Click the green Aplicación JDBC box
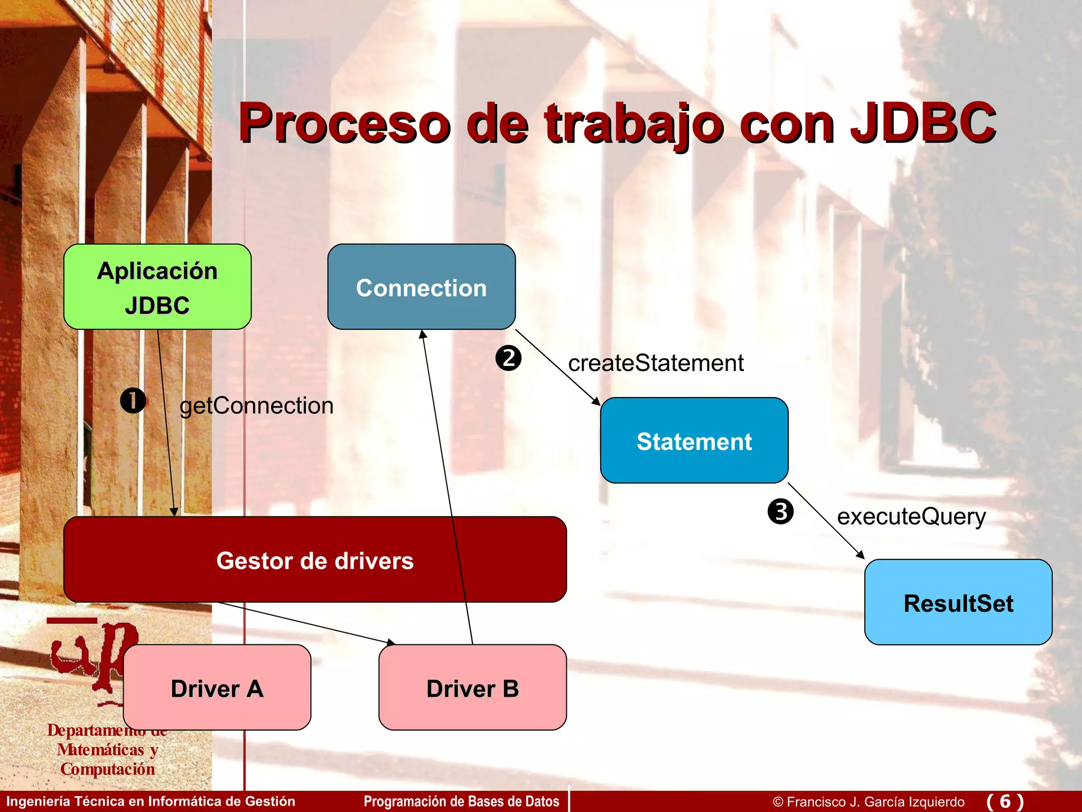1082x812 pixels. tap(157, 287)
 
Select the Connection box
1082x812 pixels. tap(421, 287)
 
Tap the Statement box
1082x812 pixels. tap(694, 440)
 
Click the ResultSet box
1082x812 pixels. tap(958, 603)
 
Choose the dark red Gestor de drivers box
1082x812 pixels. tap(315, 560)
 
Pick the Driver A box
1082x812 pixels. tap(217, 688)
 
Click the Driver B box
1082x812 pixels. tap(472, 688)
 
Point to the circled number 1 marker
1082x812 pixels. tap(133, 401)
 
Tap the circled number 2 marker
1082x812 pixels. tap(508, 358)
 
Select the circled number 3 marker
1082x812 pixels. tap(780, 511)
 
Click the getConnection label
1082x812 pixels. tap(256, 406)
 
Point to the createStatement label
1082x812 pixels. tap(655, 363)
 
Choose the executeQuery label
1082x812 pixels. tap(911, 516)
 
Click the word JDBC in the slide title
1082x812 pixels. tap(922, 123)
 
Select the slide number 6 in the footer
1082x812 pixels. tap(1005, 801)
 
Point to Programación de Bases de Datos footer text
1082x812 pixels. tap(461, 801)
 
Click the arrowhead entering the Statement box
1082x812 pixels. tap(597, 402)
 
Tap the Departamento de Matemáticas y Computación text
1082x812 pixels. tap(107, 750)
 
